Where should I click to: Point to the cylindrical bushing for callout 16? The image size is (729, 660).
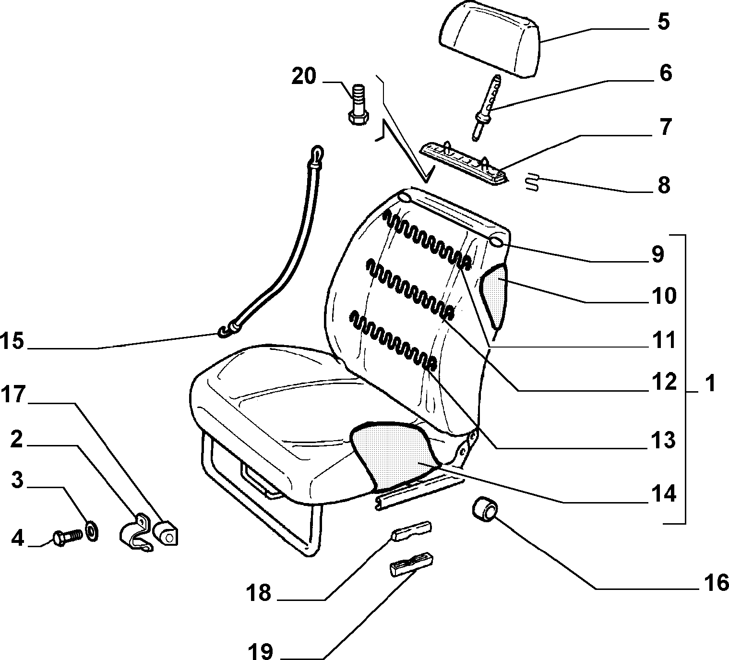pyautogui.click(x=484, y=509)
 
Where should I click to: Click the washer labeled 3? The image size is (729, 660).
pyautogui.click(x=92, y=532)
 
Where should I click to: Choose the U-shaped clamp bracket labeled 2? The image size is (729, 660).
pyautogui.click(x=135, y=533)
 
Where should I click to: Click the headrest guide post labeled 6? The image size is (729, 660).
pyautogui.click(x=486, y=108)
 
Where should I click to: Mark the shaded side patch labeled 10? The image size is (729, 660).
pyautogui.click(x=493, y=295)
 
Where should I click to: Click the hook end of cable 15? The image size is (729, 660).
pyautogui.click(x=225, y=332)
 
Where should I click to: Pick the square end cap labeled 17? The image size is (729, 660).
pyautogui.click(x=167, y=533)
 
